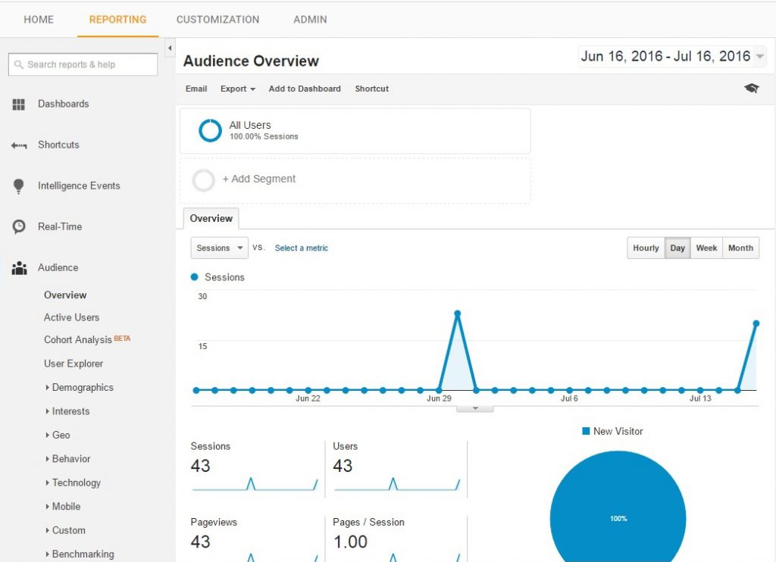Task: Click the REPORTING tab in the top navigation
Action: point(117,20)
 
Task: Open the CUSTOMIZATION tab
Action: point(217,20)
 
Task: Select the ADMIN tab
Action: point(310,20)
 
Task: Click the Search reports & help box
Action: point(83,64)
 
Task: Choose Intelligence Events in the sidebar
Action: point(79,186)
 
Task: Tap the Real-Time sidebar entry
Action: point(60,226)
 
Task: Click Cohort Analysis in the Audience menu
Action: point(78,340)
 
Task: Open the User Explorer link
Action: point(74,364)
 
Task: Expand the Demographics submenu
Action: point(82,387)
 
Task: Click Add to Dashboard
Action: point(305,89)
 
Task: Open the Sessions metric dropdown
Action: point(219,248)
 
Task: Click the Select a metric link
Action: point(302,248)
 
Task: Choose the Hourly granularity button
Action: point(646,248)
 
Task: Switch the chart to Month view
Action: point(740,248)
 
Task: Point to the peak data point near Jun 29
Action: point(458,314)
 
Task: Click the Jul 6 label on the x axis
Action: point(569,398)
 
